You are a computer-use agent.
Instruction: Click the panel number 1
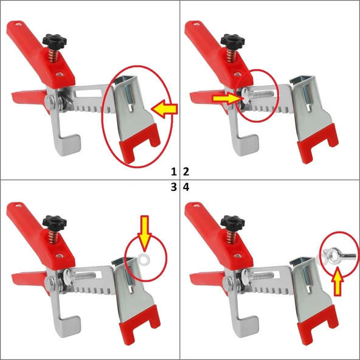[174, 171]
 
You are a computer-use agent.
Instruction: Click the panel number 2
[186, 171]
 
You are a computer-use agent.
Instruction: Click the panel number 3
[174, 187]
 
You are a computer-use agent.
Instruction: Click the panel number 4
[186, 187]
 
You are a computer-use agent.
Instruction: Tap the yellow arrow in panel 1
[164, 109]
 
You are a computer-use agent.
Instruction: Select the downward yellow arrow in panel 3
[144, 233]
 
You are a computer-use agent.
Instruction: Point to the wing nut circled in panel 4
[339, 254]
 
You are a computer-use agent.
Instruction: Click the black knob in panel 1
[54, 40]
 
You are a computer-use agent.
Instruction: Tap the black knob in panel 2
[232, 40]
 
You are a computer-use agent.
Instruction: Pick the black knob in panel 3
[54, 221]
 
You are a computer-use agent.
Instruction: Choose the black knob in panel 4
[232, 221]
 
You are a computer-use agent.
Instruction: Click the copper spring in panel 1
[54, 55]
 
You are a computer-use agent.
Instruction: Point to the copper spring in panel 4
[232, 237]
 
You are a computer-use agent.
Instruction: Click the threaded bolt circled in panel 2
[257, 94]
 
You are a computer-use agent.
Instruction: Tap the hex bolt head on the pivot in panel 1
[50, 100]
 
